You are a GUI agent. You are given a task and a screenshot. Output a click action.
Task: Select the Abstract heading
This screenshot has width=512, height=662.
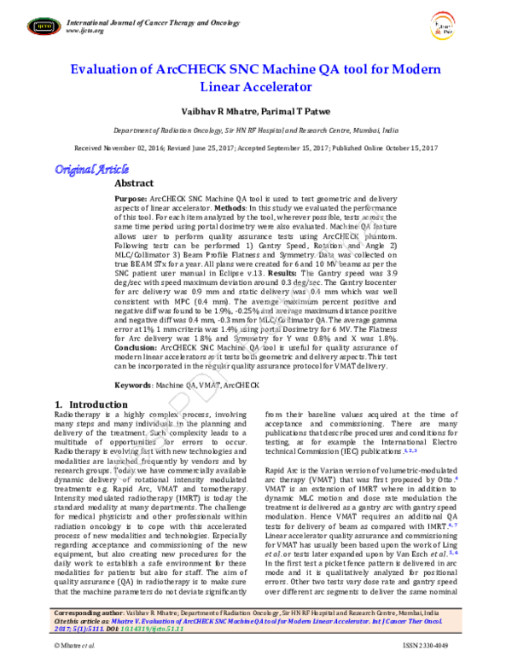(x=134, y=183)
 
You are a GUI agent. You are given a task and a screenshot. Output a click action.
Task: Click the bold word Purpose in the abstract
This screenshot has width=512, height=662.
(x=131, y=197)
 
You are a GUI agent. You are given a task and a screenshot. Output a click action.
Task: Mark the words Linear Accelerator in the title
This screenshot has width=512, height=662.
(x=256, y=86)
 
